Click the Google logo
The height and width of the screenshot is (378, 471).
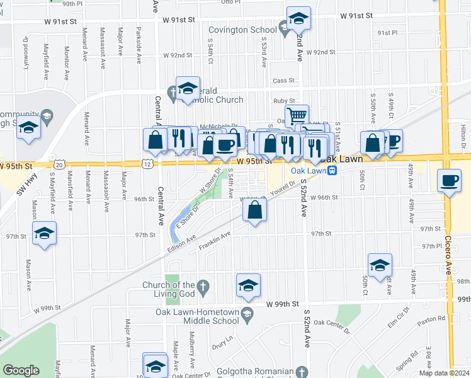point(21,370)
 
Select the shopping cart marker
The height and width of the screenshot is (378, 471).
point(297,116)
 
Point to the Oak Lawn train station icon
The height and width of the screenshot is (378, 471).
point(332,170)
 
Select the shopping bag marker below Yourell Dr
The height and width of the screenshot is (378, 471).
point(255,212)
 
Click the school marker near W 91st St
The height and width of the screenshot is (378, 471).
point(298,18)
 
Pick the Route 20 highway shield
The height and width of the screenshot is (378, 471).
point(59,164)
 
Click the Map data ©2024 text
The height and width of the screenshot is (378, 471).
point(445,373)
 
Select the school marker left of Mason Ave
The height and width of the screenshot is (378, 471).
point(45,233)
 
